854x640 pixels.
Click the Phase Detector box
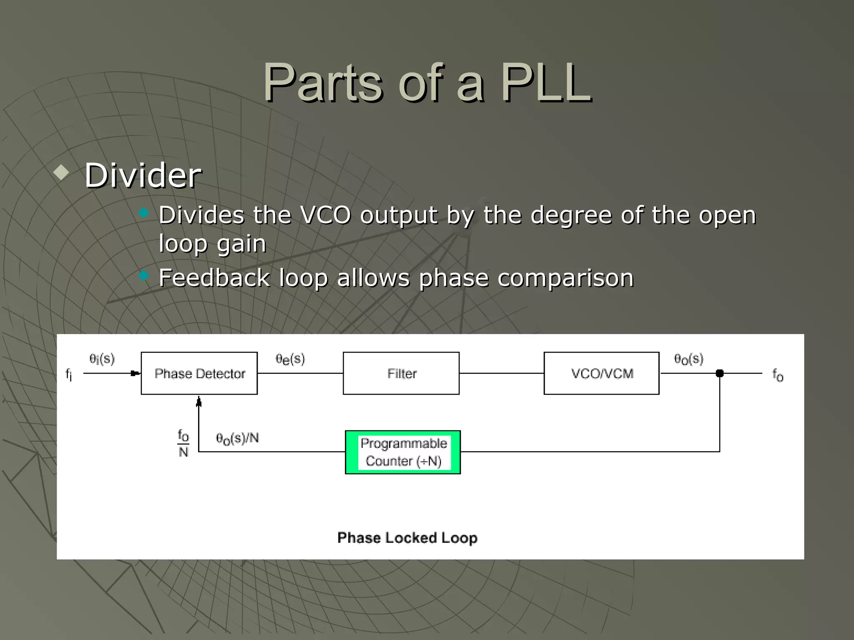pos(199,373)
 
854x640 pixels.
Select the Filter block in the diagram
pos(401,373)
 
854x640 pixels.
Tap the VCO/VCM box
pos(601,373)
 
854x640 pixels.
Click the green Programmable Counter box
pos(403,452)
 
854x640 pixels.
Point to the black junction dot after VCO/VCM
pos(720,373)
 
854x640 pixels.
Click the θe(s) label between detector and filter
pos(290,359)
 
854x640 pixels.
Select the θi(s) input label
pos(102,359)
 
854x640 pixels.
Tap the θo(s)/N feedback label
pos(237,438)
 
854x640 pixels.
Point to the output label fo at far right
pos(778,375)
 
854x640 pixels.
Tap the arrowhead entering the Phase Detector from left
pos(136,373)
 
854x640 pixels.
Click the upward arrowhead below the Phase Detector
pos(199,402)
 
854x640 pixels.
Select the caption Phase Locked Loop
pos(407,538)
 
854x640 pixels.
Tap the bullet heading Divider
pos(143,175)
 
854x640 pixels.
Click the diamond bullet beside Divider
pos(61,172)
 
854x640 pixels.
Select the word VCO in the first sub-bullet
pos(325,215)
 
